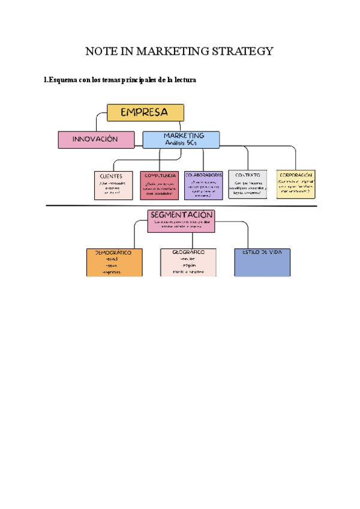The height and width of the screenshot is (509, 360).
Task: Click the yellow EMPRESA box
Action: pyautogui.click(x=145, y=112)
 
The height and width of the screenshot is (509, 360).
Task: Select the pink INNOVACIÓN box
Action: pyautogui.click(x=96, y=140)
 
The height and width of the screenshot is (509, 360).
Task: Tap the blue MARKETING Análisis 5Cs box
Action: pyautogui.click(x=181, y=139)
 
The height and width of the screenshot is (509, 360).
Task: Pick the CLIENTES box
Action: pyautogui.click(x=112, y=184)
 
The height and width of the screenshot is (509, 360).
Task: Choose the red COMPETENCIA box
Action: pyautogui.click(x=160, y=185)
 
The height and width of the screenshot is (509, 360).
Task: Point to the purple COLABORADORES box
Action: pyautogui.click(x=204, y=184)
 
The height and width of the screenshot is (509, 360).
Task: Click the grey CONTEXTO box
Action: pyautogui.click(x=248, y=184)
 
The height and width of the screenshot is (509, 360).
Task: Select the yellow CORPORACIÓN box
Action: pyautogui.click(x=296, y=184)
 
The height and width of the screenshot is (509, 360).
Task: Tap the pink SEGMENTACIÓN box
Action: pyautogui.click(x=181, y=220)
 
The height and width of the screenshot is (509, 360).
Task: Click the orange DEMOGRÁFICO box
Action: pyautogui.click(x=115, y=262)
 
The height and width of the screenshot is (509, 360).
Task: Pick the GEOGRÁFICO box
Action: pyautogui.click(x=188, y=262)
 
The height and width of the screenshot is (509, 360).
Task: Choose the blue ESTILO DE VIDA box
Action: pyautogui.click(x=262, y=262)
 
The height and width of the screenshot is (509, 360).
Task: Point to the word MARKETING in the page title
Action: pyautogui.click(x=167, y=52)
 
